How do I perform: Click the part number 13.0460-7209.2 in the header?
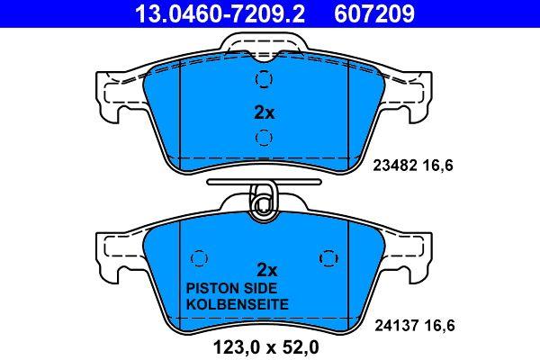pyautogui.click(x=220, y=13)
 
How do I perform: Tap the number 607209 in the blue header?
pyautogui.click(x=374, y=13)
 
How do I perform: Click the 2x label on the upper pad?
pyautogui.click(x=264, y=112)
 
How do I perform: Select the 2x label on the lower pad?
pyautogui.click(x=267, y=270)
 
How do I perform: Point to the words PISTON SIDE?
pyautogui.click(x=231, y=288)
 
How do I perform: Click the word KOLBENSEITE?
pyautogui.click(x=237, y=304)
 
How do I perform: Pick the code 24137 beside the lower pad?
pyautogui.click(x=395, y=325)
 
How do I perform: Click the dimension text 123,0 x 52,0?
pyautogui.click(x=266, y=347)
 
